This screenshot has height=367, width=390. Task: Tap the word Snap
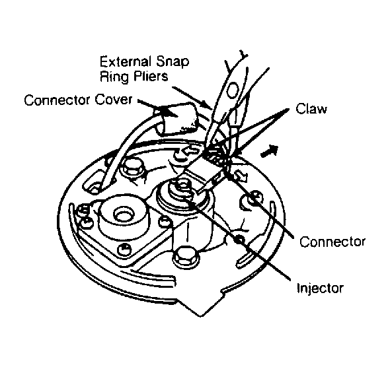(173, 62)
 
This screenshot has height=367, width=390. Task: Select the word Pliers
(151, 76)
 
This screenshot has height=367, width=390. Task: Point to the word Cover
(113, 100)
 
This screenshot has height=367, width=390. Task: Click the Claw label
(311, 108)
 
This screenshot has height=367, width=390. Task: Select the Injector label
(321, 289)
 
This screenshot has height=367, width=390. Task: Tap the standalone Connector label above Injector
(332, 242)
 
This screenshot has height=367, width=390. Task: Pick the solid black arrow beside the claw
(269, 151)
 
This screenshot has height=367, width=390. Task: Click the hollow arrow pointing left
(190, 151)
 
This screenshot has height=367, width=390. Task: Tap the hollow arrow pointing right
(241, 176)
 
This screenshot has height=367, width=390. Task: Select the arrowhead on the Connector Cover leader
(170, 112)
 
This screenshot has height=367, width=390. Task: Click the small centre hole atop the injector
(183, 185)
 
